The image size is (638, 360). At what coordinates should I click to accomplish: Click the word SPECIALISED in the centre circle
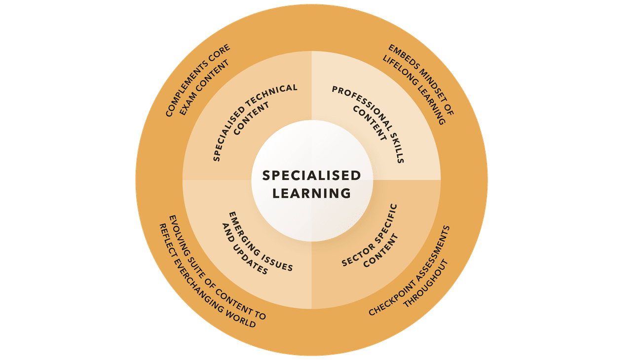[x=311, y=176]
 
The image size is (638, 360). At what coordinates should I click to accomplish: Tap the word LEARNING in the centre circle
[x=311, y=193]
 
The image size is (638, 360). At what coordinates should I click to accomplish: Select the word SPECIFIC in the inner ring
[x=386, y=219]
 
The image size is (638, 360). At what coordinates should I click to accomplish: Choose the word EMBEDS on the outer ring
[x=399, y=55]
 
